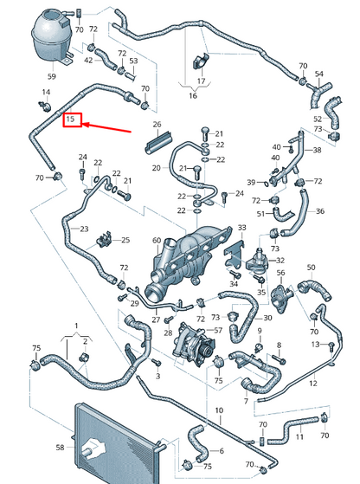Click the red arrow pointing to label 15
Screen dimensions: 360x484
point(107,128)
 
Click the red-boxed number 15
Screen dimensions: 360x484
point(71,119)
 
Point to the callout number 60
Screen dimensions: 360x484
point(157,240)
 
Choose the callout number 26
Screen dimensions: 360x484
point(157,125)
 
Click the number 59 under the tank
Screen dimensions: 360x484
point(52,76)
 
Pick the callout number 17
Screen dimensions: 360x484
point(201,81)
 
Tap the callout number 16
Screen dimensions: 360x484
point(193,96)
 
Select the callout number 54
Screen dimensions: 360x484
point(319,74)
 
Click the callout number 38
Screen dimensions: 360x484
point(317,150)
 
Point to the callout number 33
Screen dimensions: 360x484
point(242,228)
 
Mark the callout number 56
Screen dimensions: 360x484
point(280,273)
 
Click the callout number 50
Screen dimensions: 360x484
point(312,268)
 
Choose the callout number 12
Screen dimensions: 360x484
point(313,384)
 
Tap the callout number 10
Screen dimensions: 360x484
point(219,410)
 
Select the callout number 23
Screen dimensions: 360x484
point(84,229)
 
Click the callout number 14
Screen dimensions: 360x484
point(46,92)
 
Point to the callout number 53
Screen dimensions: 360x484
point(133,61)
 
